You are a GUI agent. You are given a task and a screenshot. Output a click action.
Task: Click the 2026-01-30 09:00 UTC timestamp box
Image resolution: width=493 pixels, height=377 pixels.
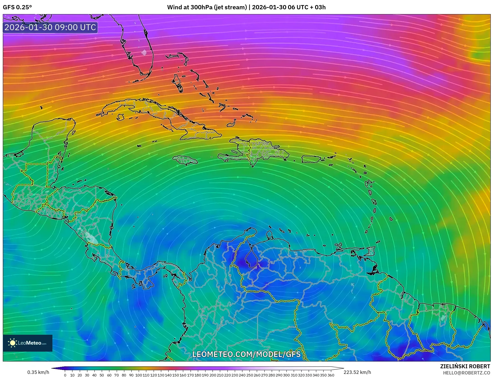pos(50,27)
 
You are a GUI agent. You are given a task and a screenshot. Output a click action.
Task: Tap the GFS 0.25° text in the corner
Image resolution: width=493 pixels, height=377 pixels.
pos(17,7)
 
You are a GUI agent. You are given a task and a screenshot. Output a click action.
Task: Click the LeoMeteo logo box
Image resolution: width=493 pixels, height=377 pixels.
pos(28,343)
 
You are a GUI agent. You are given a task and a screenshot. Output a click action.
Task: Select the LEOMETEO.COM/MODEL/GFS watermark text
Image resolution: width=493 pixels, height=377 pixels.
pos(246,354)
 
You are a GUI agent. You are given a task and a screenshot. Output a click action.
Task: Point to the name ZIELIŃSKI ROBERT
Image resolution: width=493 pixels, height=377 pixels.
pos(465,366)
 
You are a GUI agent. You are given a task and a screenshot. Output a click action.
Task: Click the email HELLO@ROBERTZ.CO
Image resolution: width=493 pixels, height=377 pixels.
pos(466,372)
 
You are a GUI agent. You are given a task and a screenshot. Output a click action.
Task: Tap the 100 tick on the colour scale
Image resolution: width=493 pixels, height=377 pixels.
pos(139,375)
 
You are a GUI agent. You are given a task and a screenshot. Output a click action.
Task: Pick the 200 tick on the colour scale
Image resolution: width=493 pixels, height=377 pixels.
pos(213,375)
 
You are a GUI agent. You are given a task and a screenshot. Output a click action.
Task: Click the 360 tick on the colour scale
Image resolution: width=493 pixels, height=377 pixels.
pos(331,375)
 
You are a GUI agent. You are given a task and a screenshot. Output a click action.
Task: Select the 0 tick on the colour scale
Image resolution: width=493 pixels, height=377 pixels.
pos(65,375)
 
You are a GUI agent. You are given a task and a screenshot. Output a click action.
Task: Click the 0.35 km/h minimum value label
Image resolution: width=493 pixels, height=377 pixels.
pos(38,372)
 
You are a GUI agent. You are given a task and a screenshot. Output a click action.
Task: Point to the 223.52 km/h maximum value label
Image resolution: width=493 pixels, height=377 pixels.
pos(357,372)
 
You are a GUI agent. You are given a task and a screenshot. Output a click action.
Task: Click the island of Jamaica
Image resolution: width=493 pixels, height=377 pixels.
pos(185,160)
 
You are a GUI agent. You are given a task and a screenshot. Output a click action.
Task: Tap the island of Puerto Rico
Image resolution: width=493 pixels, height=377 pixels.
pos(311,159)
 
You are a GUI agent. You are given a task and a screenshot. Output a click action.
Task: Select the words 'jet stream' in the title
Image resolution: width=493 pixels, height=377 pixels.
pos(230,7)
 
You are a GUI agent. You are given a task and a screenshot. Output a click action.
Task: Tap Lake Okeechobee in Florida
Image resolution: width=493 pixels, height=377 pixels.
pos(144,52)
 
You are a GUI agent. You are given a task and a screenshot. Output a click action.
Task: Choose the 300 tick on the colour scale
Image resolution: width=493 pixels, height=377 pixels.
pos(286,375)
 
